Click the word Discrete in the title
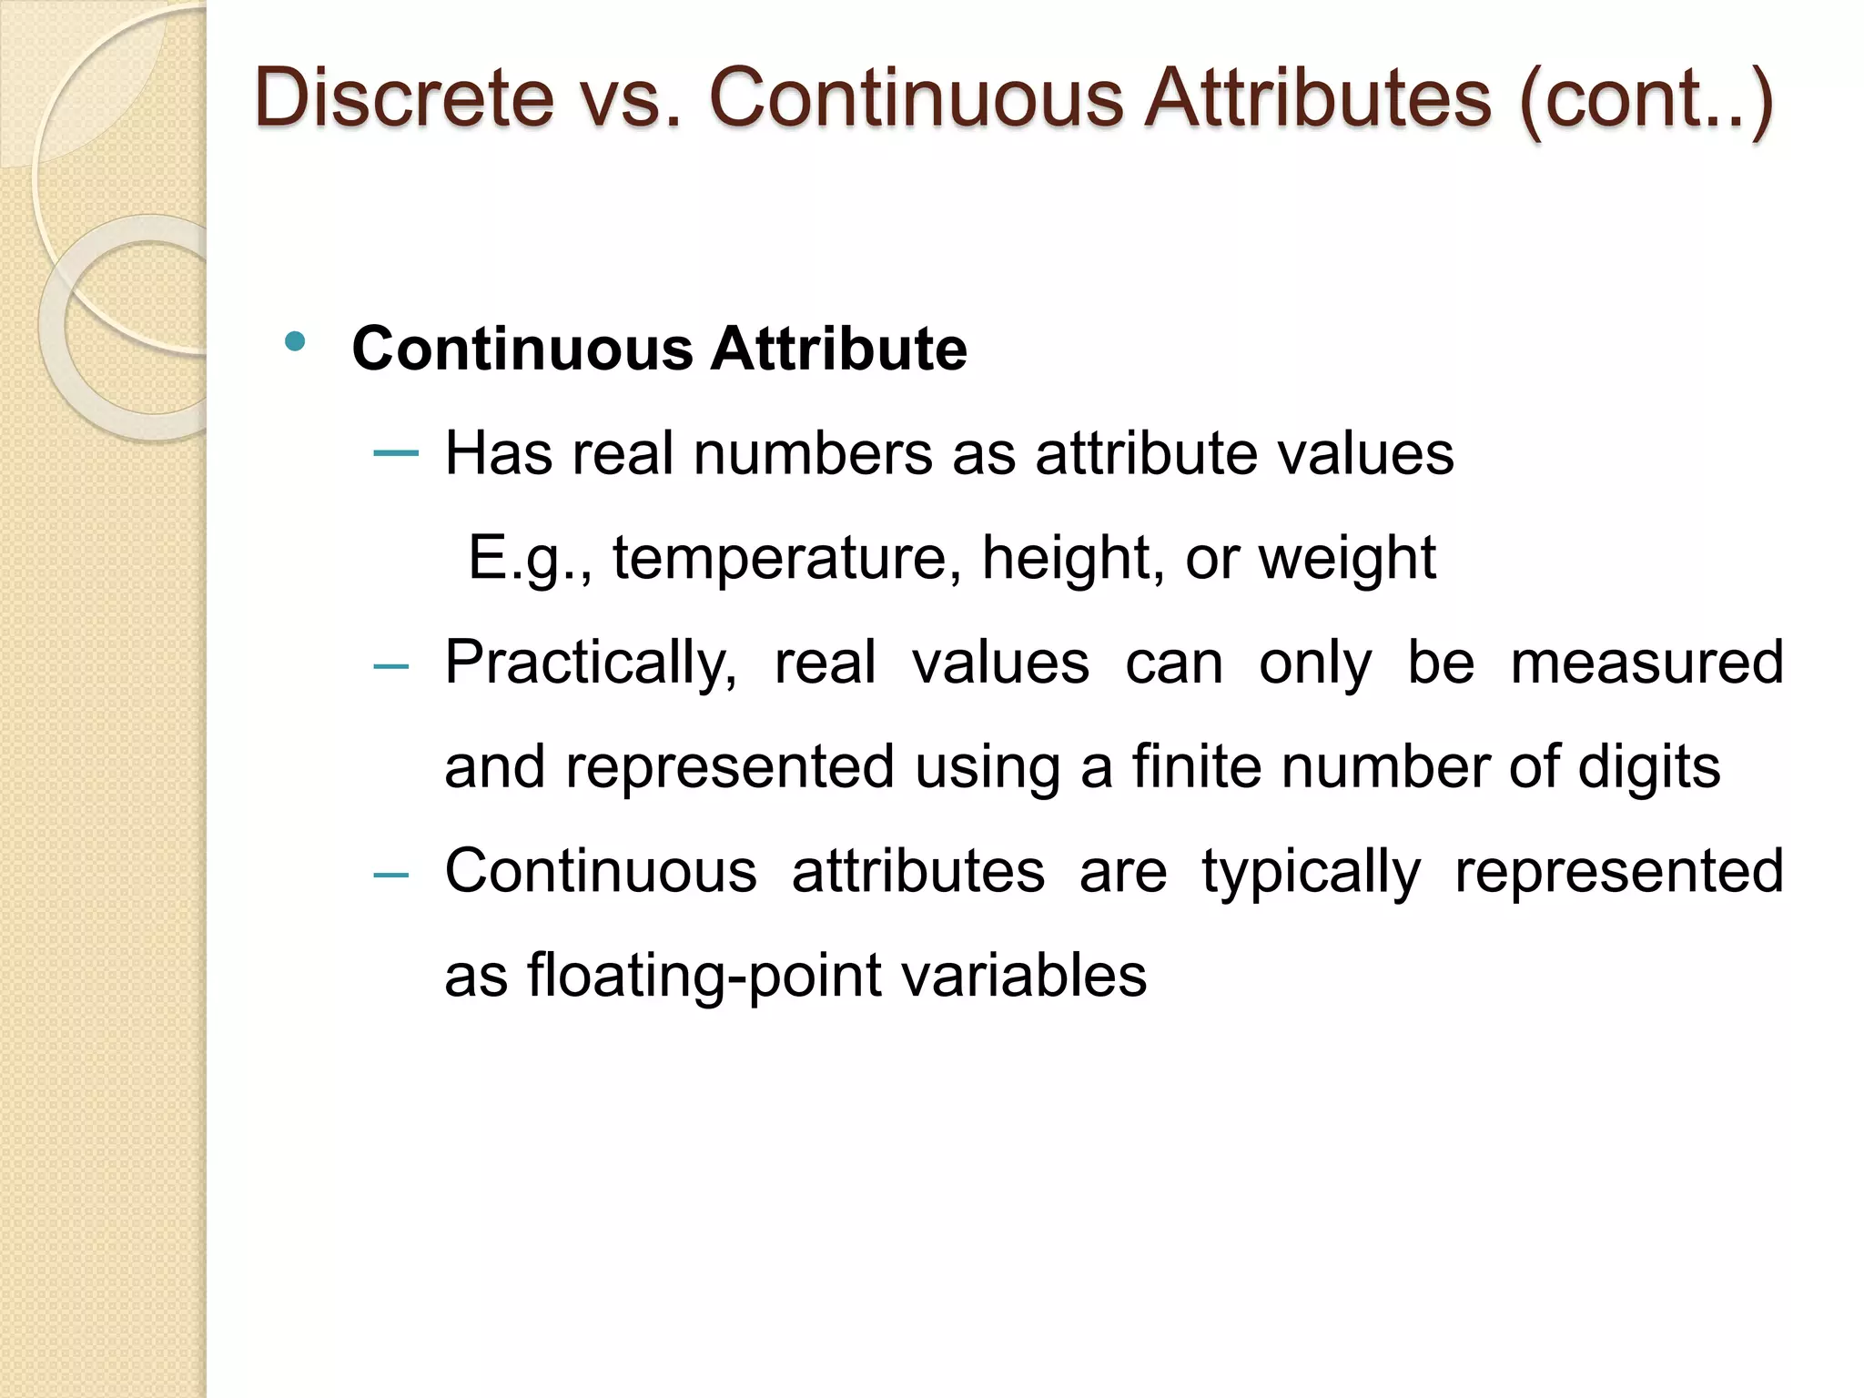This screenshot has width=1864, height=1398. pos(404,97)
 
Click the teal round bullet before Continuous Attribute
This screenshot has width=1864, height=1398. pos(294,342)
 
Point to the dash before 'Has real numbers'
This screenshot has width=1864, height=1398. pos(396,452)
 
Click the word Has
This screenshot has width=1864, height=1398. pos(498,453)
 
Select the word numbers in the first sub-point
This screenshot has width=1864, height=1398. pos(813,453)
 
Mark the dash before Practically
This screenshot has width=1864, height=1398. pos(391,667)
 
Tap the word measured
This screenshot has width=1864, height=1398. pos(1646,663)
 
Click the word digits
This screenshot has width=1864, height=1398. pos(1648,766)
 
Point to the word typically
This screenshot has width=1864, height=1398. pos(1311,872)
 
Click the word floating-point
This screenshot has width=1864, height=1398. pos(704,976)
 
